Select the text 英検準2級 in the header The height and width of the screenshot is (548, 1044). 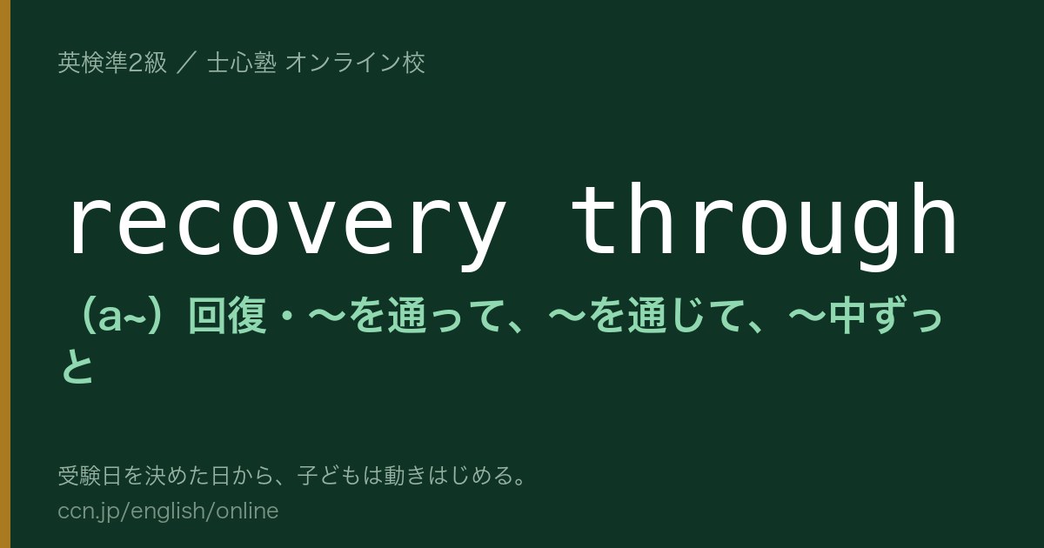tap(112, 63)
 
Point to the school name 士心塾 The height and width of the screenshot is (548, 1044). tap(242, 63)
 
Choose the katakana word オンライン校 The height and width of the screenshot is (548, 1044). tap(355, 63)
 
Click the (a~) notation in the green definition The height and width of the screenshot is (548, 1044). tap(122, 317)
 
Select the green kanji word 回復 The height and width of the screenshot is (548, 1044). tap(227, 317)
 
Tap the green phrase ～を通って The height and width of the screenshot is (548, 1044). tap(405, 317)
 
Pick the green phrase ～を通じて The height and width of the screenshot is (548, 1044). tap(645, 317)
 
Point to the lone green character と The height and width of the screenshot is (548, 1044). tap(77, 366)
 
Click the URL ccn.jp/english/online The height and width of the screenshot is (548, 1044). tap(168, 511)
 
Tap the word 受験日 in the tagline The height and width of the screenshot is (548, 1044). tap(90, 476)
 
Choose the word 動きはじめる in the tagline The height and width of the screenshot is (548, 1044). tap(446, 476)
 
